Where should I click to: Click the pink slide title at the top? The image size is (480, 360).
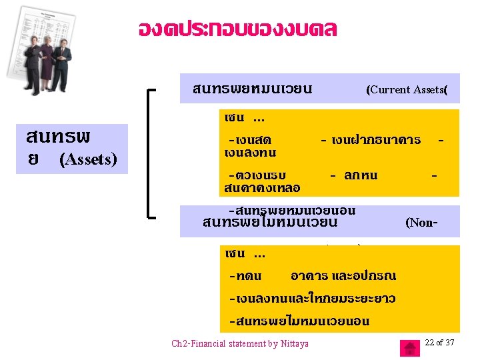pos(237,29)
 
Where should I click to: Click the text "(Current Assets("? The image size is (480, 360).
pos(406,90)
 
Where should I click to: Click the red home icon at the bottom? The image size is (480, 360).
pos(409,348)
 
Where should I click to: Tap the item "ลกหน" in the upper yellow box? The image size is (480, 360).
pos(361,175)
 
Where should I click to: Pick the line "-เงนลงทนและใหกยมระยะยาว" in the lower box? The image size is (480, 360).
pos(311,298)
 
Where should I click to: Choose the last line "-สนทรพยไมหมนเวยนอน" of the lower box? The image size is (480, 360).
pos(298,321)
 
